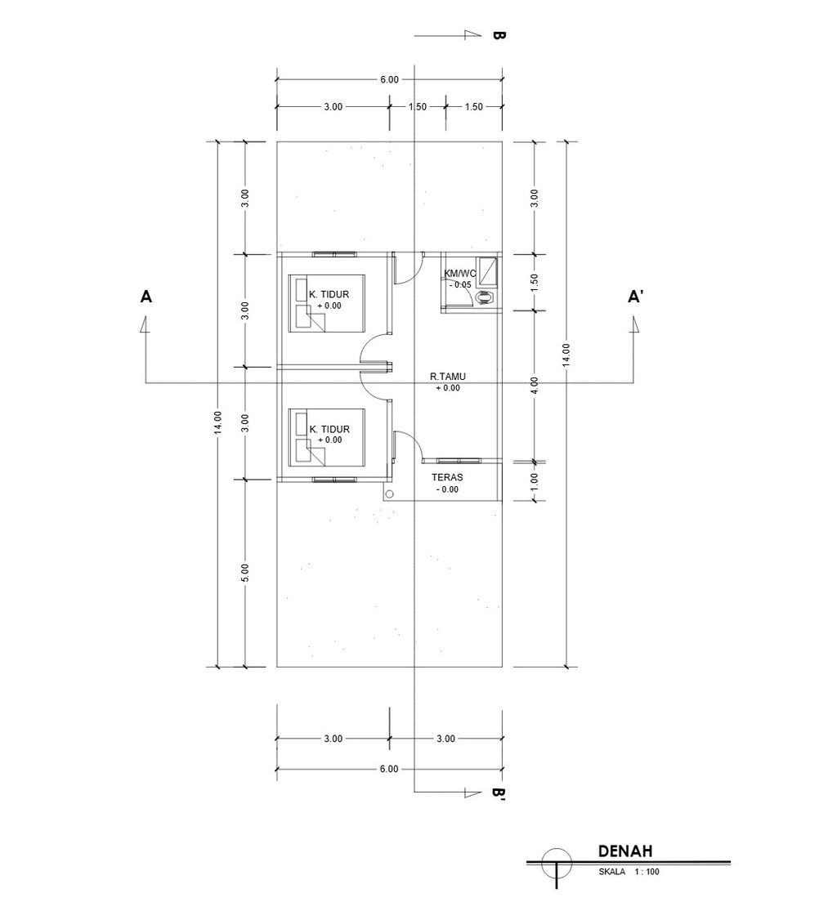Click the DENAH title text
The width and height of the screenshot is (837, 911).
click(624, 851)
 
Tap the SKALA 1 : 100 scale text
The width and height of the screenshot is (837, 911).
click(629, 872)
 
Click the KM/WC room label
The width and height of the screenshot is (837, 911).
click(459, 273)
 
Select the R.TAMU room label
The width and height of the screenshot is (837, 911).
click(448, 377)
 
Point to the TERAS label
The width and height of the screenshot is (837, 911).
click(447, 477)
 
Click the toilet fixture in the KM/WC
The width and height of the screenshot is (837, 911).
click(484, 297)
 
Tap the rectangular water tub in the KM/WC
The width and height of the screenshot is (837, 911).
click(488, 271)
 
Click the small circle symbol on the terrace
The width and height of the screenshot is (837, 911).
click(389, 494)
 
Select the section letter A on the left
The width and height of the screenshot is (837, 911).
click(145, 297)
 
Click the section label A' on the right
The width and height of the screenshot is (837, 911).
click(635, 297)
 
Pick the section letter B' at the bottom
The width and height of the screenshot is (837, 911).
click(498, 794)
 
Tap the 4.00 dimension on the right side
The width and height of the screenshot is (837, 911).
click(535, 385)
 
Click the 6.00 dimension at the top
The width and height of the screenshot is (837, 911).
click(389, 79)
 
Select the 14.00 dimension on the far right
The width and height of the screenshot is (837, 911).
click(566, 355)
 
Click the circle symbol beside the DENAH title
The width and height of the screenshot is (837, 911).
click(557, 863)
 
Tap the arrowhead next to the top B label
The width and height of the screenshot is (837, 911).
click(474, 35)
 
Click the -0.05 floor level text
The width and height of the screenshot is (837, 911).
click(459, 284)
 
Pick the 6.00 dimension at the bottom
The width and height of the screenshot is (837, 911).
click(389, 769)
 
